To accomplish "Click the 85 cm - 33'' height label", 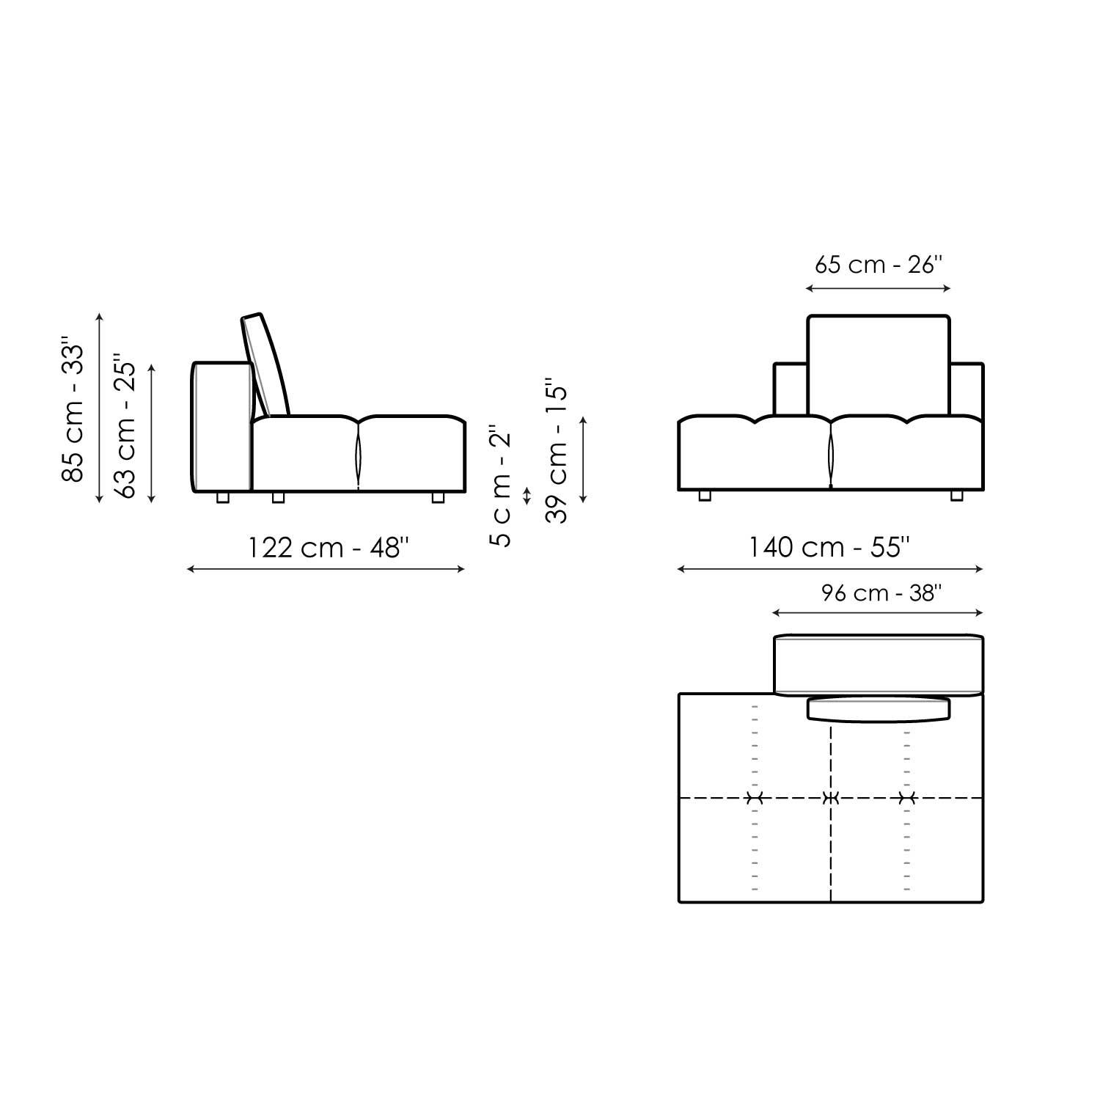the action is coord(73,409).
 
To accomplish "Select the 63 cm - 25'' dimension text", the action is coord(125,429).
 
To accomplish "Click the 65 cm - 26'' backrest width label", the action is coord(878,264).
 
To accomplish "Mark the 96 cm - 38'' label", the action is coord(879,593).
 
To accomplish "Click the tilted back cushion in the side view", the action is coord(265,365).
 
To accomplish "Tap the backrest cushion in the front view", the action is coord(879,365).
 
